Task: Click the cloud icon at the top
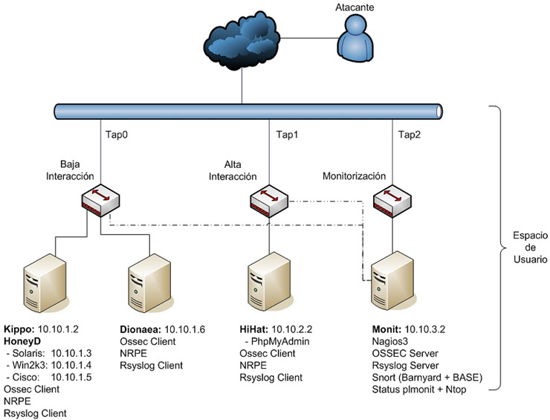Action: pos(242,42)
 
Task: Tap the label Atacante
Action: pos(355,7)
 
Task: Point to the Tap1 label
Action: pos(287,135)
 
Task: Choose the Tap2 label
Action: pos(410,135)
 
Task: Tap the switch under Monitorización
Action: pos(392,200)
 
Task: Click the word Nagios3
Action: pos(389,340)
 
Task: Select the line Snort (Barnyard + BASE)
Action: pos(428,377)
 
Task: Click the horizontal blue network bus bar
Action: pos(249,112)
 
